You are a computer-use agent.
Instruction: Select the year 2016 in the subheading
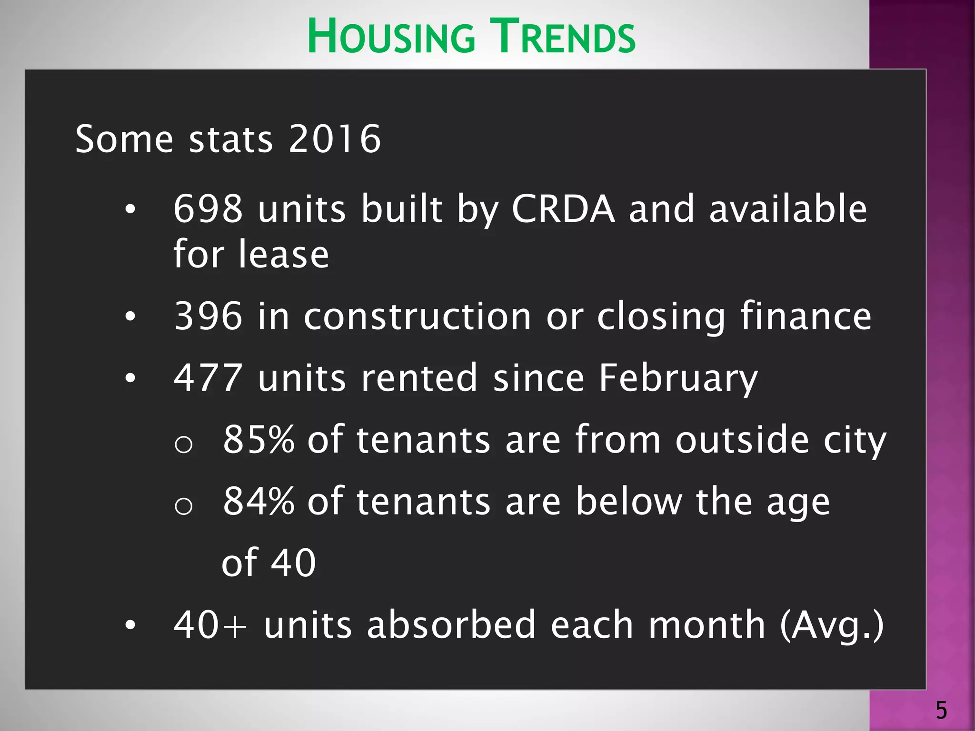pyautogui.click(x=334, y=139)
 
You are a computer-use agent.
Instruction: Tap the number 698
pyautogui.click(x=208, y=209)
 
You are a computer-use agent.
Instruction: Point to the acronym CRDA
pyautogui.click(x=563, y=209)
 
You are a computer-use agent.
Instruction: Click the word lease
pyautogui.click(x=284, y=254)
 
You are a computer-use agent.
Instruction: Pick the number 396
pyautogui.click(x=208, y=316)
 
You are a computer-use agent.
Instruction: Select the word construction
pyautogui.click(x=418, y=316)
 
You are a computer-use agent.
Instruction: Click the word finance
pyautogui.click(x=806, y=316)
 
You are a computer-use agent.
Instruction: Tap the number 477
pyautogui.click(x=208, y=378)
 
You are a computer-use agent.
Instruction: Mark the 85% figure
pyautogui.click(x=259, y=439)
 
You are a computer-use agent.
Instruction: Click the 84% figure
pyautogui.click(x=259, y=501)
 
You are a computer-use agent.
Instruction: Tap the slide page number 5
pyautogui.click(x=941, y=711)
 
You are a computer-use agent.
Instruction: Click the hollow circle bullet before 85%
pyautogui.click(x=184, y=445)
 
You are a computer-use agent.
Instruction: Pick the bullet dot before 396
pyautogui.click(x=130, y=316)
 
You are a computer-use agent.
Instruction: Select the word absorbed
pyautogui.click(x=451, y=625)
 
